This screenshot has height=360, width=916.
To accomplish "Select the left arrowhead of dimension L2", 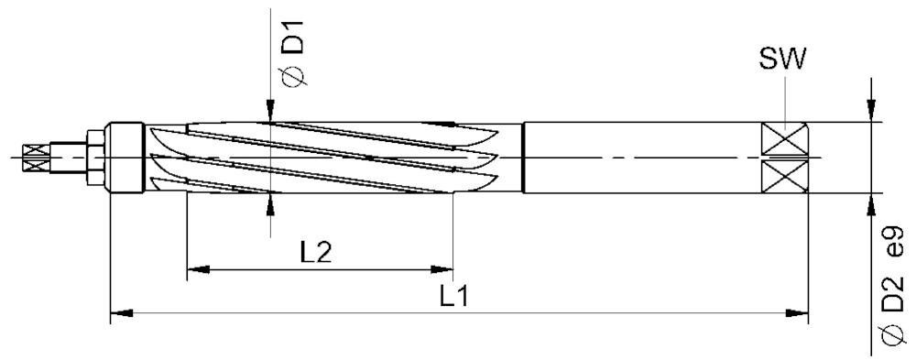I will (196, 270).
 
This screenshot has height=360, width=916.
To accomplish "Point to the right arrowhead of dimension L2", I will (443, 270).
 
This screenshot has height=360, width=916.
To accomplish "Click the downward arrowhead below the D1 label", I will (271, 114).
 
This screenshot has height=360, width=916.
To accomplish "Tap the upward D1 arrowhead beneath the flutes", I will (271, 202).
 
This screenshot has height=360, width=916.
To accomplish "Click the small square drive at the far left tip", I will (36, 157).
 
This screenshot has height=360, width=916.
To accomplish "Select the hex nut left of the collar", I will (93, 157).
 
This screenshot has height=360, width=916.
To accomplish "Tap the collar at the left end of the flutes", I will (125, 157).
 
